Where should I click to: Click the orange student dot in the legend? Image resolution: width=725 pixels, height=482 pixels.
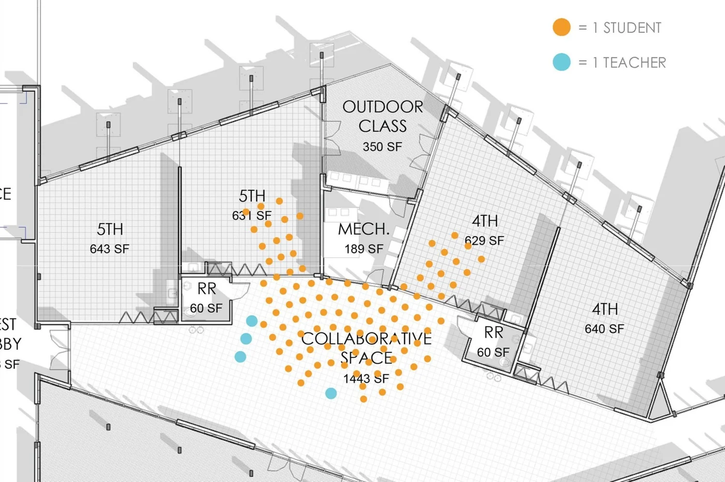(x=561, y=27)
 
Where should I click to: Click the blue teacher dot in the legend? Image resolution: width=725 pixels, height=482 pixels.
(x=561, y=62)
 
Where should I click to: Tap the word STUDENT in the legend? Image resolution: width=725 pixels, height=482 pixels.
(x=632, y=28)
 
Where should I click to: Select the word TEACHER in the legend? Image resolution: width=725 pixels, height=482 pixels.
(x=634, y=63)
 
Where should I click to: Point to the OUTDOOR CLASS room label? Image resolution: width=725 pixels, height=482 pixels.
(x=382, y=116)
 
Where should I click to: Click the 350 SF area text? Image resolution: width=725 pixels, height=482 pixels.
(x=382, y=147)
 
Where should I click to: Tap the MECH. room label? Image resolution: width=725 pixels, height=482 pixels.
(x=363, y=229)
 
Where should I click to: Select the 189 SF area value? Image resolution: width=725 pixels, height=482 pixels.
(x=363, y=249)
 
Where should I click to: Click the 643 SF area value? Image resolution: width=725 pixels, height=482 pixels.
(x=110, y=249)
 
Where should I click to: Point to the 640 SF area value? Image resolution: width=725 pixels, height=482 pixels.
(x=604, y=329)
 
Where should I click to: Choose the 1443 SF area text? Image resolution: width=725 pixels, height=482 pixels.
(x=366, y=378)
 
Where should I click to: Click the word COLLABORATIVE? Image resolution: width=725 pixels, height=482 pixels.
(x=366, y=338)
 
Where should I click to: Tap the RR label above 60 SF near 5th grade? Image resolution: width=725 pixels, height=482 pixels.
(x=206, y=289)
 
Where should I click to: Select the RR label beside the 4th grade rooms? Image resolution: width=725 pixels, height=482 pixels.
(x=493, y=333)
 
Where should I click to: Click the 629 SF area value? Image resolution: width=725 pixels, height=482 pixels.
(x=484, y=241)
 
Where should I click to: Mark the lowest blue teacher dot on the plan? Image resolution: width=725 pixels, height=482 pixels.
(x=331, y=393)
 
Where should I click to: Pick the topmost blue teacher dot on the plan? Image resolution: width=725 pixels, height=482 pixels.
(x=252, y=320)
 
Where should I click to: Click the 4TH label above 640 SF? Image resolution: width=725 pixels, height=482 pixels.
(x=605, y=309)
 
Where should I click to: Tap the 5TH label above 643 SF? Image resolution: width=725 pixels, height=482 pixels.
(x=110, y=229)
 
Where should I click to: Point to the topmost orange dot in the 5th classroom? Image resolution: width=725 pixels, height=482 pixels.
(x=279, y=201)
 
